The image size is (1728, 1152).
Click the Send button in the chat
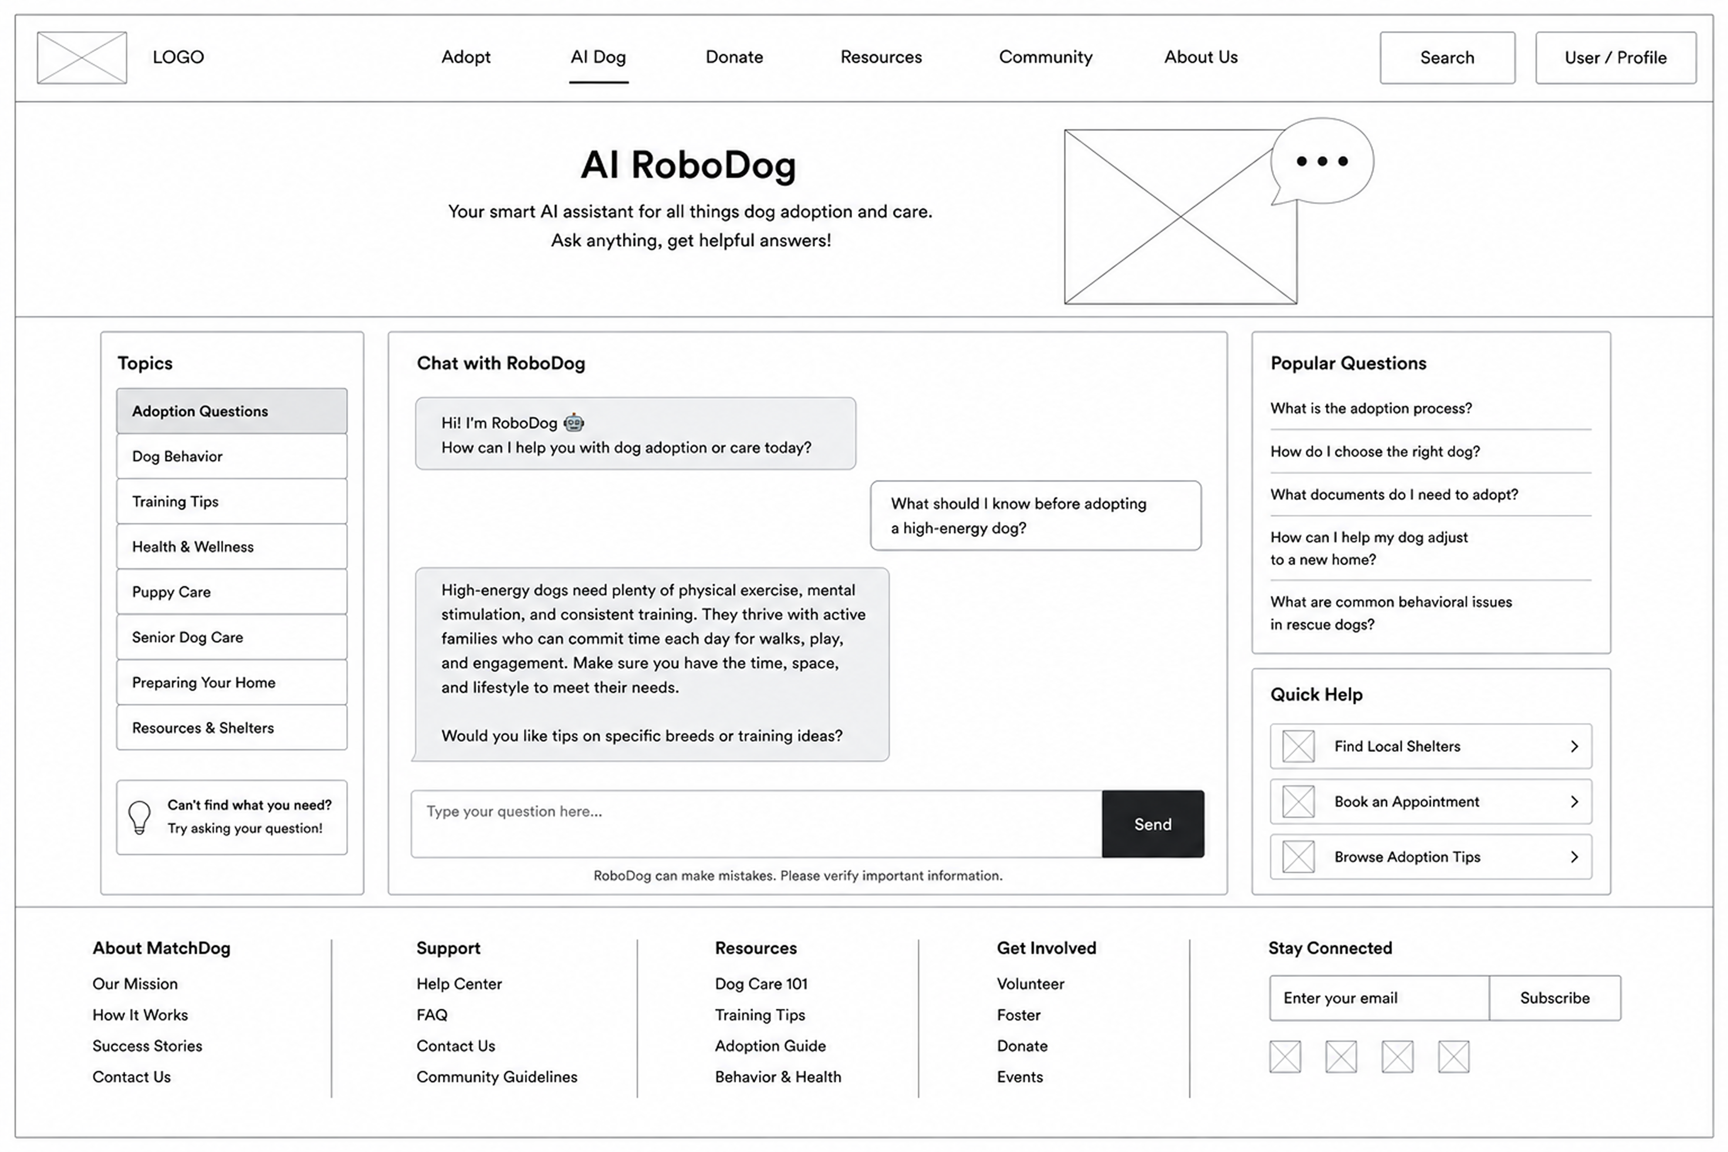1153,824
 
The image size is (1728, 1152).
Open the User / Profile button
1616,57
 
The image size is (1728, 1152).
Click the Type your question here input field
756,824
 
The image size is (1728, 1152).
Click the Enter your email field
1379,998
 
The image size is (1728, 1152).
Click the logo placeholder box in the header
82,57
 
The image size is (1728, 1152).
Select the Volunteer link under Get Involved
1030,984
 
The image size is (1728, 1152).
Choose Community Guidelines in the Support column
497,1077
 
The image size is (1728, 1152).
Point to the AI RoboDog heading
688,165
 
